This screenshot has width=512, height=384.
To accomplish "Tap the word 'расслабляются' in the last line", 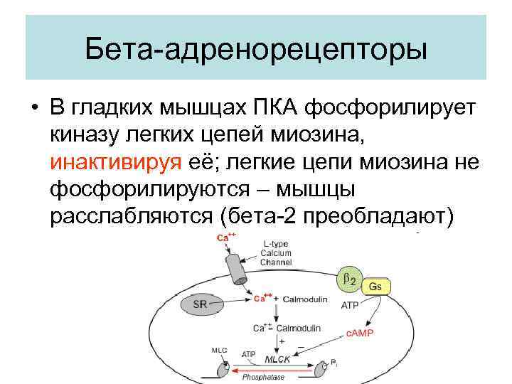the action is [132, 216].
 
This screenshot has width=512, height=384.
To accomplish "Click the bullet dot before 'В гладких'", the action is [33, 109].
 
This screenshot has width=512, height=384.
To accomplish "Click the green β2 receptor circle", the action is [349, 279].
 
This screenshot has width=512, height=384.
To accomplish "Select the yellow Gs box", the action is [376, 286].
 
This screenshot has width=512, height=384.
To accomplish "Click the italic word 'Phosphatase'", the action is [261, 377].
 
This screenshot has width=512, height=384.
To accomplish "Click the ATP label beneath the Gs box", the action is [350, 306].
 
